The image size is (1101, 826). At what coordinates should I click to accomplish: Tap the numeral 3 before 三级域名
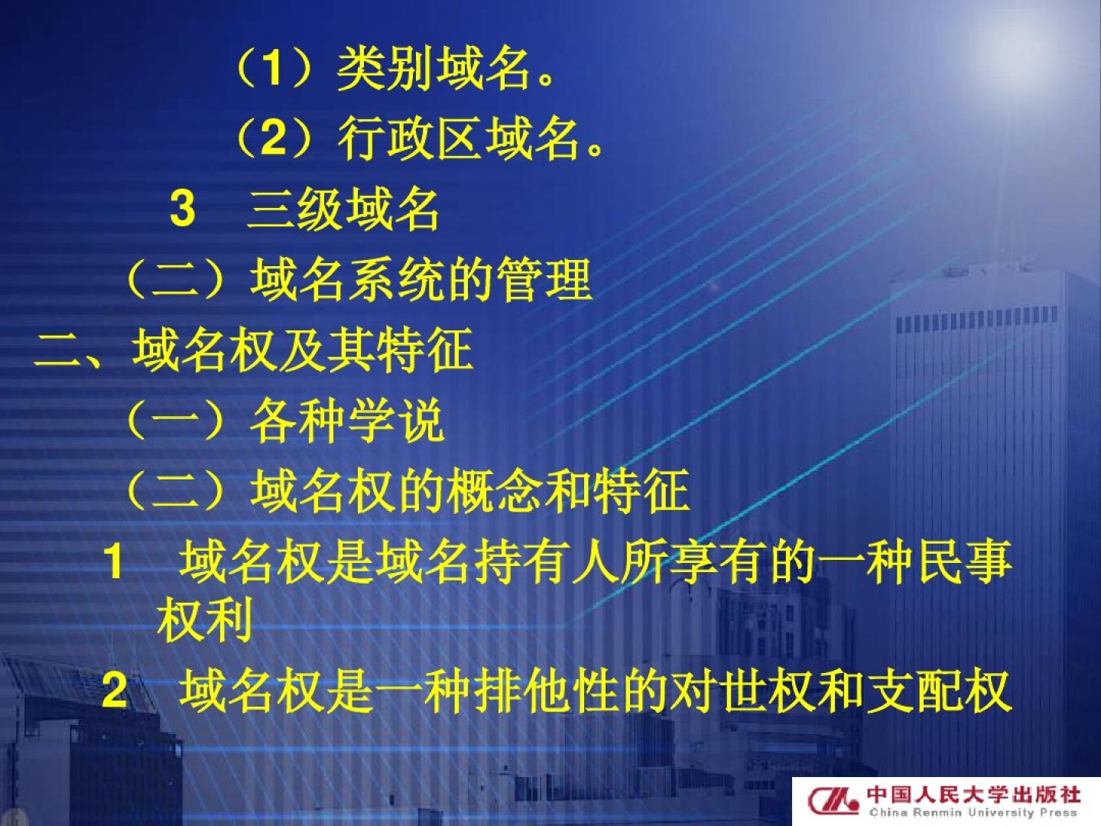point(183,209)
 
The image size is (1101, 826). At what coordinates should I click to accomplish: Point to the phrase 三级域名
point(343,209)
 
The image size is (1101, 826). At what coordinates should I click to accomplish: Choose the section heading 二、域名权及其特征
point(254,350)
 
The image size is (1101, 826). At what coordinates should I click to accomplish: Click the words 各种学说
point(347,420)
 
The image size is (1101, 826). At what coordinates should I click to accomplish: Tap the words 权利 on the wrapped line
point(205,620)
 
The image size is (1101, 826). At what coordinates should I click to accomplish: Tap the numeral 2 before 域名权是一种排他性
point(115,691)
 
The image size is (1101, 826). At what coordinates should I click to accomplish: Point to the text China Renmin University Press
point(973,813)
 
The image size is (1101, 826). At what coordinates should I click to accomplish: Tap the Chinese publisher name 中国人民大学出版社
point(973,795)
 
